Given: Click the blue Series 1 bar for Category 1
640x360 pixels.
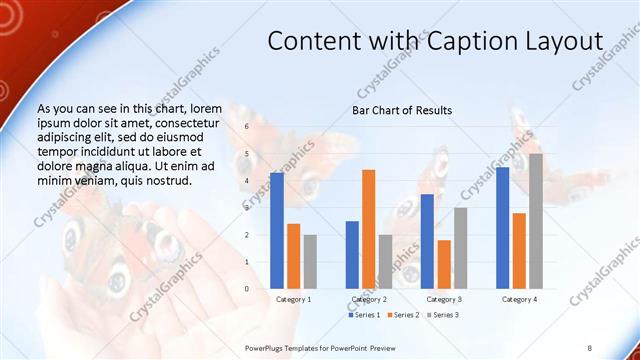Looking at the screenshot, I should [x=276, y=230].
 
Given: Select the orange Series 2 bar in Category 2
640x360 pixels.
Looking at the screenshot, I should [x=369, y=229].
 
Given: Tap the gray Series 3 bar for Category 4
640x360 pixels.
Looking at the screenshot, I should [x=536, y=221].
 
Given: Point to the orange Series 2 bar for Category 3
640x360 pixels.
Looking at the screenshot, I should [x=444, y=264].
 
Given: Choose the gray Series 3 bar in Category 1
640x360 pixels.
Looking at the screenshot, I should [x=310, y=261].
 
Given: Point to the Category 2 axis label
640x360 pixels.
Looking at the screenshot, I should [x=369, y=299].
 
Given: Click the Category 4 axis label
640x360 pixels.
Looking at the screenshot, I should [x=519, y=299].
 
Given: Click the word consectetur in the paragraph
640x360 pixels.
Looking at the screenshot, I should [x=199, y=121].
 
